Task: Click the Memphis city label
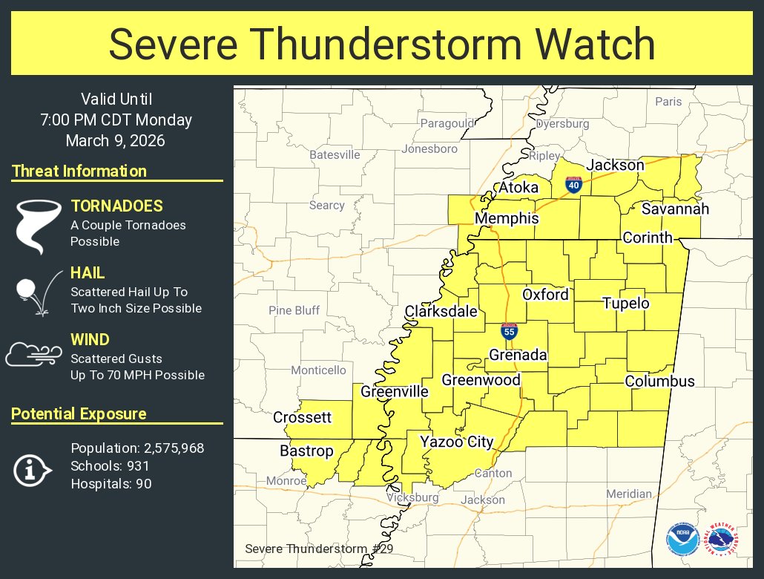pos(507,219)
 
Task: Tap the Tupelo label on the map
pos(625,303)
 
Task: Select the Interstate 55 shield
pos(509,331)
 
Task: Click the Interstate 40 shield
pos(573,185)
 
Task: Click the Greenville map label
pos(395,391)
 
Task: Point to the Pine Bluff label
pos(294,310)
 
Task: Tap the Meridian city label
pos(629,494)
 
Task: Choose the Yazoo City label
pos(456,442)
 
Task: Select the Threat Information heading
pos(79,171)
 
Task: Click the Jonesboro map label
pos(429,148)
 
